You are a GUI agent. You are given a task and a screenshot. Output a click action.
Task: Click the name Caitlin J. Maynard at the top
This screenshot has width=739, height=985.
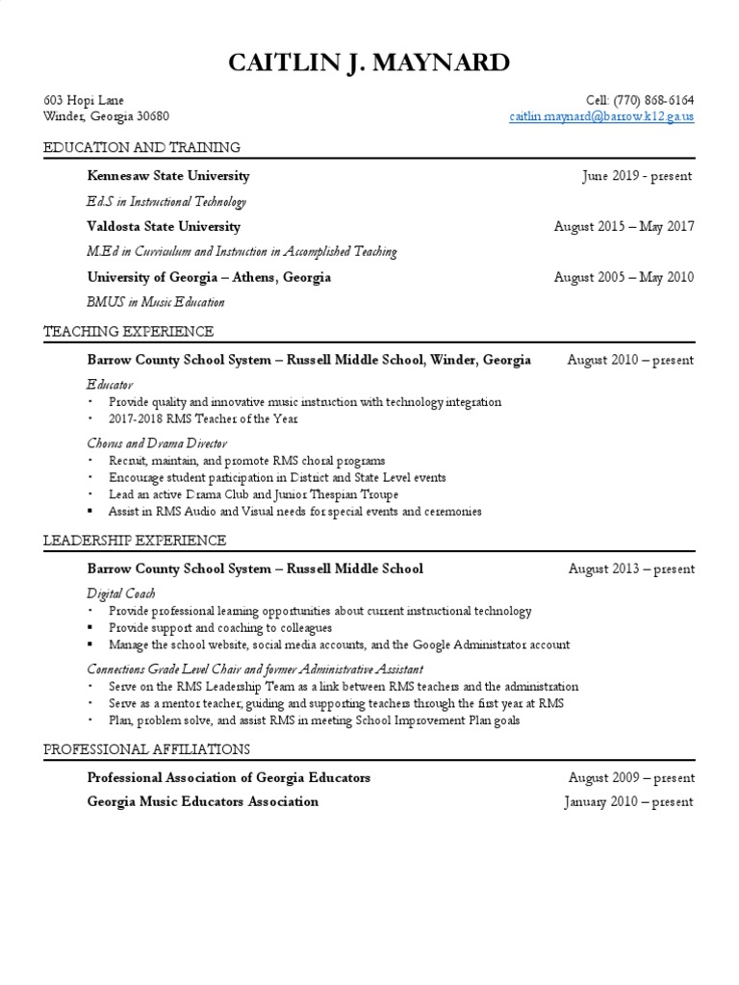(x=369, y=64)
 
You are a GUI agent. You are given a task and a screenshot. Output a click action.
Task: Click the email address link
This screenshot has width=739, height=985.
(x=601, y=116)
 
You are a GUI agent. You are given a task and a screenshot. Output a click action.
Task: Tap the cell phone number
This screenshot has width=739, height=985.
(x=640, y=100)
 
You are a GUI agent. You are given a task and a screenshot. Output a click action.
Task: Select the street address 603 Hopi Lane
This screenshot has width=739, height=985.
(x=84, y=100)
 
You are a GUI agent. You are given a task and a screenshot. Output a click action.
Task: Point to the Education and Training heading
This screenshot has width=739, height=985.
(x=141, y=147)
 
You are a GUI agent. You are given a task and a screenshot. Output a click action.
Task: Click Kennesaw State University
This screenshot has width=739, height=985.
(x=168, y=176)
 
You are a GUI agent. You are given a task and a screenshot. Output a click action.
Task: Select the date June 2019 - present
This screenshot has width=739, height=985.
(x=637, y=176)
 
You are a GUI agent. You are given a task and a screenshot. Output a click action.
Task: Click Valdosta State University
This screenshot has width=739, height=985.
(x=164, y=227)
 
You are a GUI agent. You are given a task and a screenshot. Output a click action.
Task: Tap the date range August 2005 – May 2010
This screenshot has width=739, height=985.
(x=624, y=277)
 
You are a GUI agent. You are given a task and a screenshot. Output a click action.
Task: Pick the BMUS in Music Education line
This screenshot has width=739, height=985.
(x=156, y=302)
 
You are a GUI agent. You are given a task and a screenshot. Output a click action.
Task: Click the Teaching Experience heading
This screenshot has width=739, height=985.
(x=129, y=331)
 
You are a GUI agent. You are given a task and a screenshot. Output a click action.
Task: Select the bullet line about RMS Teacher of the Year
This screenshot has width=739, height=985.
(x=204, y=419)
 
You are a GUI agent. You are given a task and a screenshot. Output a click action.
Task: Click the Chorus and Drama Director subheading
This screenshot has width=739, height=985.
(x=157, y=443)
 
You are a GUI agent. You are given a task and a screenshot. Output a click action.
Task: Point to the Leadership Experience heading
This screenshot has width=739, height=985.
(x=135, y=540)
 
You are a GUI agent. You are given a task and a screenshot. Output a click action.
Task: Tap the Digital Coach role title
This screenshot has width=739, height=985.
(x=121, y=594)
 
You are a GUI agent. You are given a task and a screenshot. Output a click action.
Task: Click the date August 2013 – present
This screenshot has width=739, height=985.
(x=631, y=568)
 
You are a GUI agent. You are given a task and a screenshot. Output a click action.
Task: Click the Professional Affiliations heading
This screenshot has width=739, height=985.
(x=146, y=748)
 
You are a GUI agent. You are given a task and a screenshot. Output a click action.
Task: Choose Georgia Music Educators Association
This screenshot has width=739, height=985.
(x=202, y=801)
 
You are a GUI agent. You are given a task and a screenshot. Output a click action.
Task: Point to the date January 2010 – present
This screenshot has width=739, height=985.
(x=628, y=802)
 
